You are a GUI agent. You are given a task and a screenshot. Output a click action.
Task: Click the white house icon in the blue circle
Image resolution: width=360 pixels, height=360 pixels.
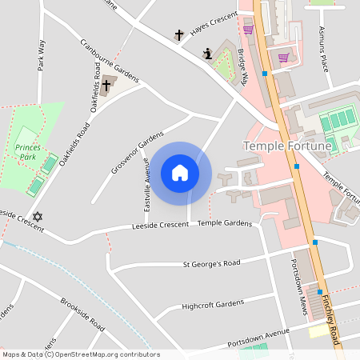coord(179,173)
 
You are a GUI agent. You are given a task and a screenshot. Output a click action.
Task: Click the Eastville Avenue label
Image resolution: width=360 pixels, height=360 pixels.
coord(146,186)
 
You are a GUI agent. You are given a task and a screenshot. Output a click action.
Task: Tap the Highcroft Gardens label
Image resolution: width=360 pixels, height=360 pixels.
coord(212,305)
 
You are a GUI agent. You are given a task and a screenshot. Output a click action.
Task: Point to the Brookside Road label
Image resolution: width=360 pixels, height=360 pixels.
coord(82,315)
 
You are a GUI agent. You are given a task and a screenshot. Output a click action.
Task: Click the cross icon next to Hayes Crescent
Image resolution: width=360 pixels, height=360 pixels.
coord(178,35)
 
